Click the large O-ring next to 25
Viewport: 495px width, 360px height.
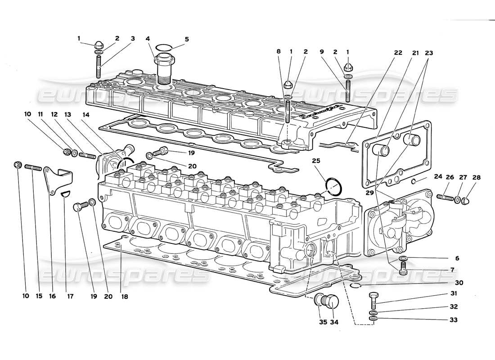point(333,186)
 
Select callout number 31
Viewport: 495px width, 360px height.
point(454,293)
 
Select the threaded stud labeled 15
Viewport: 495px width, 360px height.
point(33,166)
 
